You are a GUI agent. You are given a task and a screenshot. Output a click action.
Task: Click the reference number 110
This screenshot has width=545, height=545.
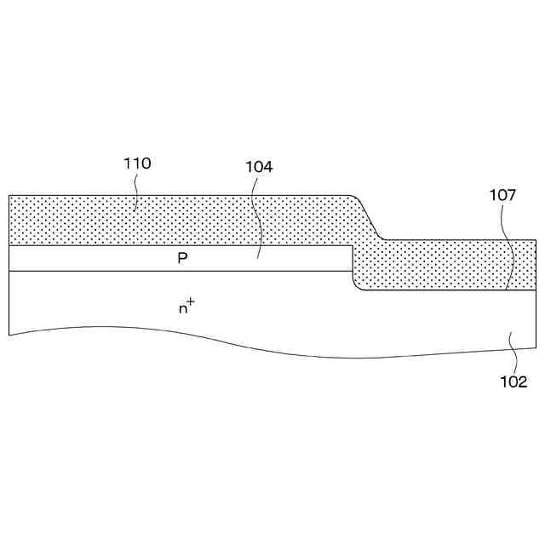coord(137,163)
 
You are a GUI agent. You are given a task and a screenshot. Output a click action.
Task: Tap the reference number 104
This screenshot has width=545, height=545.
coord(259,167)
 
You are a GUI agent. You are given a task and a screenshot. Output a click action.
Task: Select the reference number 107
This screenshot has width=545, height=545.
coord(502,195)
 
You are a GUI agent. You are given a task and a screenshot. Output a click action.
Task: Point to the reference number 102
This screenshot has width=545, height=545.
coord(513,381)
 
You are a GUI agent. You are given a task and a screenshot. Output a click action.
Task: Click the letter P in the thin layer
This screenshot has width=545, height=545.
coord(182,258)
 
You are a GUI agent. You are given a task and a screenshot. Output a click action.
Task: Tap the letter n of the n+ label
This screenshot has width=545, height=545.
coord(182,309)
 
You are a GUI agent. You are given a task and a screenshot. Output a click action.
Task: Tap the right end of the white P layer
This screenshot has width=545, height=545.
coord(351,259)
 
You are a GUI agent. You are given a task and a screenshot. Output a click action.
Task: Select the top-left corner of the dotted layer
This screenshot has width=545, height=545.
coord(9,196)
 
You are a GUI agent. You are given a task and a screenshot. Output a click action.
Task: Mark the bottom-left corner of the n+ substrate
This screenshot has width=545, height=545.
coord(9,335)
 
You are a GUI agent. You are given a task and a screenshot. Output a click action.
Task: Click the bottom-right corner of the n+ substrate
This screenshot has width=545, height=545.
coord(536,347)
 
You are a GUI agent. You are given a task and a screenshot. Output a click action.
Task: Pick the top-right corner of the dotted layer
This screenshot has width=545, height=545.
coord(536,241)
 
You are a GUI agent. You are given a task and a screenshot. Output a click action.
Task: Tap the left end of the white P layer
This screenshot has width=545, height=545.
coord(10,259)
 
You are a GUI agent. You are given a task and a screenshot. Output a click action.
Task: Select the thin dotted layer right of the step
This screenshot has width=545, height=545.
coord(451,265)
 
